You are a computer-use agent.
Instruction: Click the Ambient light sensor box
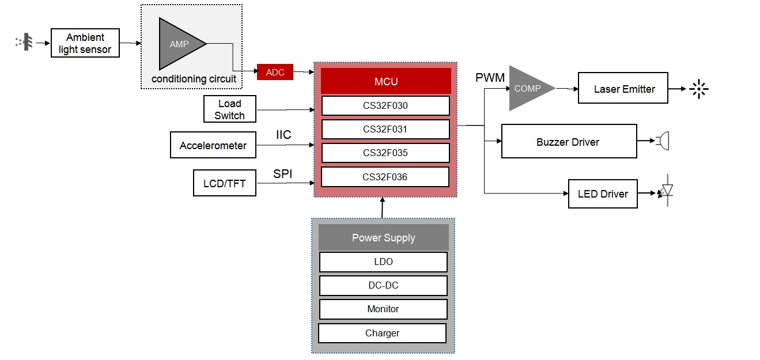click(85, 43)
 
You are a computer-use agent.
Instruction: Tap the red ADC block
click(275, 72)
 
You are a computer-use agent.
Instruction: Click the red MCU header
click(385, 81)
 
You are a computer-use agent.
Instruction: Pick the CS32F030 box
click(385, 105)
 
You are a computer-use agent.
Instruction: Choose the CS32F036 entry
click(385, 177)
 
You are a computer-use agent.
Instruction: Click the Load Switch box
click(229, 109)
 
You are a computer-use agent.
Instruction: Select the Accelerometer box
click(213, 145)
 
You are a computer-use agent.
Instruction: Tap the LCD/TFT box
click(224, 184)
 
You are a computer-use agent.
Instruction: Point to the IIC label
click(283, 135)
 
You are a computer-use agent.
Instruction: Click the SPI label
click(283, 173)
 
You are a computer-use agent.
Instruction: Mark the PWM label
click(490, 77)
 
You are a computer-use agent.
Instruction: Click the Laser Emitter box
click(623, 88)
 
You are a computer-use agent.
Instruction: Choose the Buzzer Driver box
click(569, 141)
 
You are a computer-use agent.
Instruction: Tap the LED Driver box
click(603, 194)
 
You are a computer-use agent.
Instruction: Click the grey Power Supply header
click(384, 237)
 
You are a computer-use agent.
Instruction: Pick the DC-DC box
click(383, 286)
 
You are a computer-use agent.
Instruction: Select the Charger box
click(382, 333)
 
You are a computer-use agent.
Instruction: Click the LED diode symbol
click(667, 190)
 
